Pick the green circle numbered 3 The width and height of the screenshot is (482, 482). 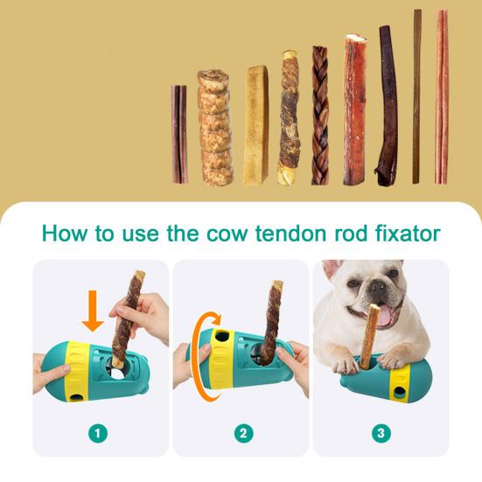381,432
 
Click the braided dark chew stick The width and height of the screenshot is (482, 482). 320,115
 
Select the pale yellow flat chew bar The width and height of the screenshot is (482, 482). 256,124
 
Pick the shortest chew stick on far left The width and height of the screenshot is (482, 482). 178,134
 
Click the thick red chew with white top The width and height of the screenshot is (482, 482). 354,109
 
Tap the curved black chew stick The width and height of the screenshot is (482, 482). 386,105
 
